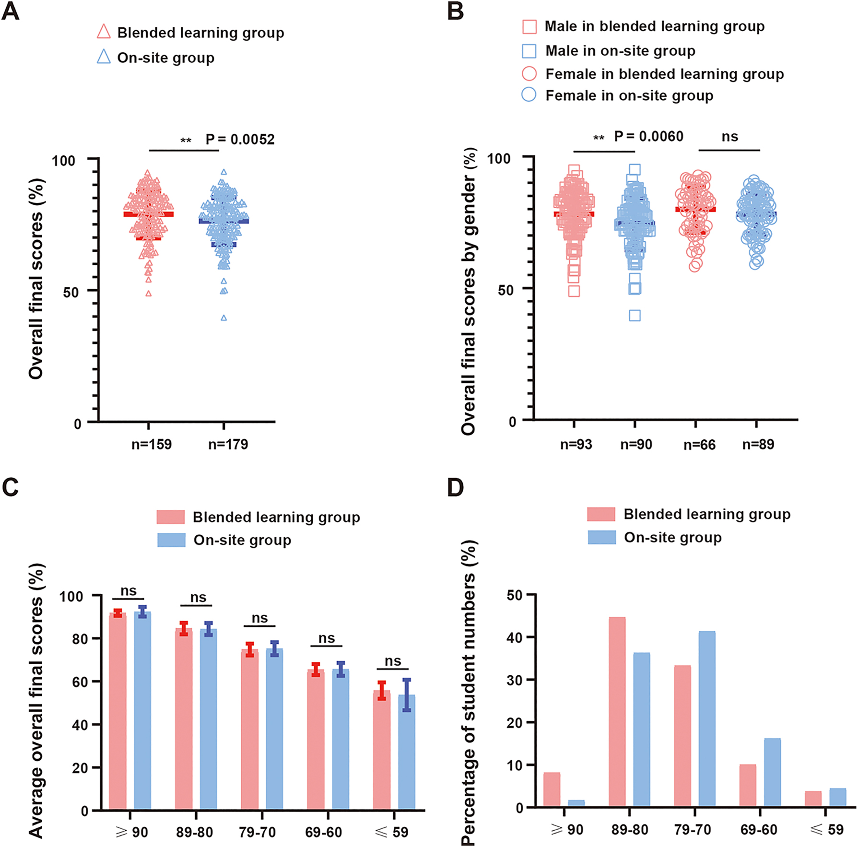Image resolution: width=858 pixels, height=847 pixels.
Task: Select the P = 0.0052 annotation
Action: point(240,140)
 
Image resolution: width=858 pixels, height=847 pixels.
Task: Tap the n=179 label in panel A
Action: point(228,444)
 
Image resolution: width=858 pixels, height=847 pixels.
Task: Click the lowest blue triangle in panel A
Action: point(224,318)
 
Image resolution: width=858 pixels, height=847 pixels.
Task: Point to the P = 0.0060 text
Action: point(648,137)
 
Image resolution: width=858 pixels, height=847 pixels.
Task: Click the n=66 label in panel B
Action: point(699,445)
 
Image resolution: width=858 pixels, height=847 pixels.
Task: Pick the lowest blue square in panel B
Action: point(635,316)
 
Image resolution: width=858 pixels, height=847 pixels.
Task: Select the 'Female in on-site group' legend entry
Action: point(629,95)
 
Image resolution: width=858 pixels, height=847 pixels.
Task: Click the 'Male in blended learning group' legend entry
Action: point(654,26)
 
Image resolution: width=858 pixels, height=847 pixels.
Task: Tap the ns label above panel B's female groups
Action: point(729,137)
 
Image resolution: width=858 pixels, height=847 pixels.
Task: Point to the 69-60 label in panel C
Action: point(324,832)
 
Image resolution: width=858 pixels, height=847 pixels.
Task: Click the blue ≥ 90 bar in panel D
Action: point(576,803)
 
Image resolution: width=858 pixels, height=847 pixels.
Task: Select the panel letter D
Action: point(455,488)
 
